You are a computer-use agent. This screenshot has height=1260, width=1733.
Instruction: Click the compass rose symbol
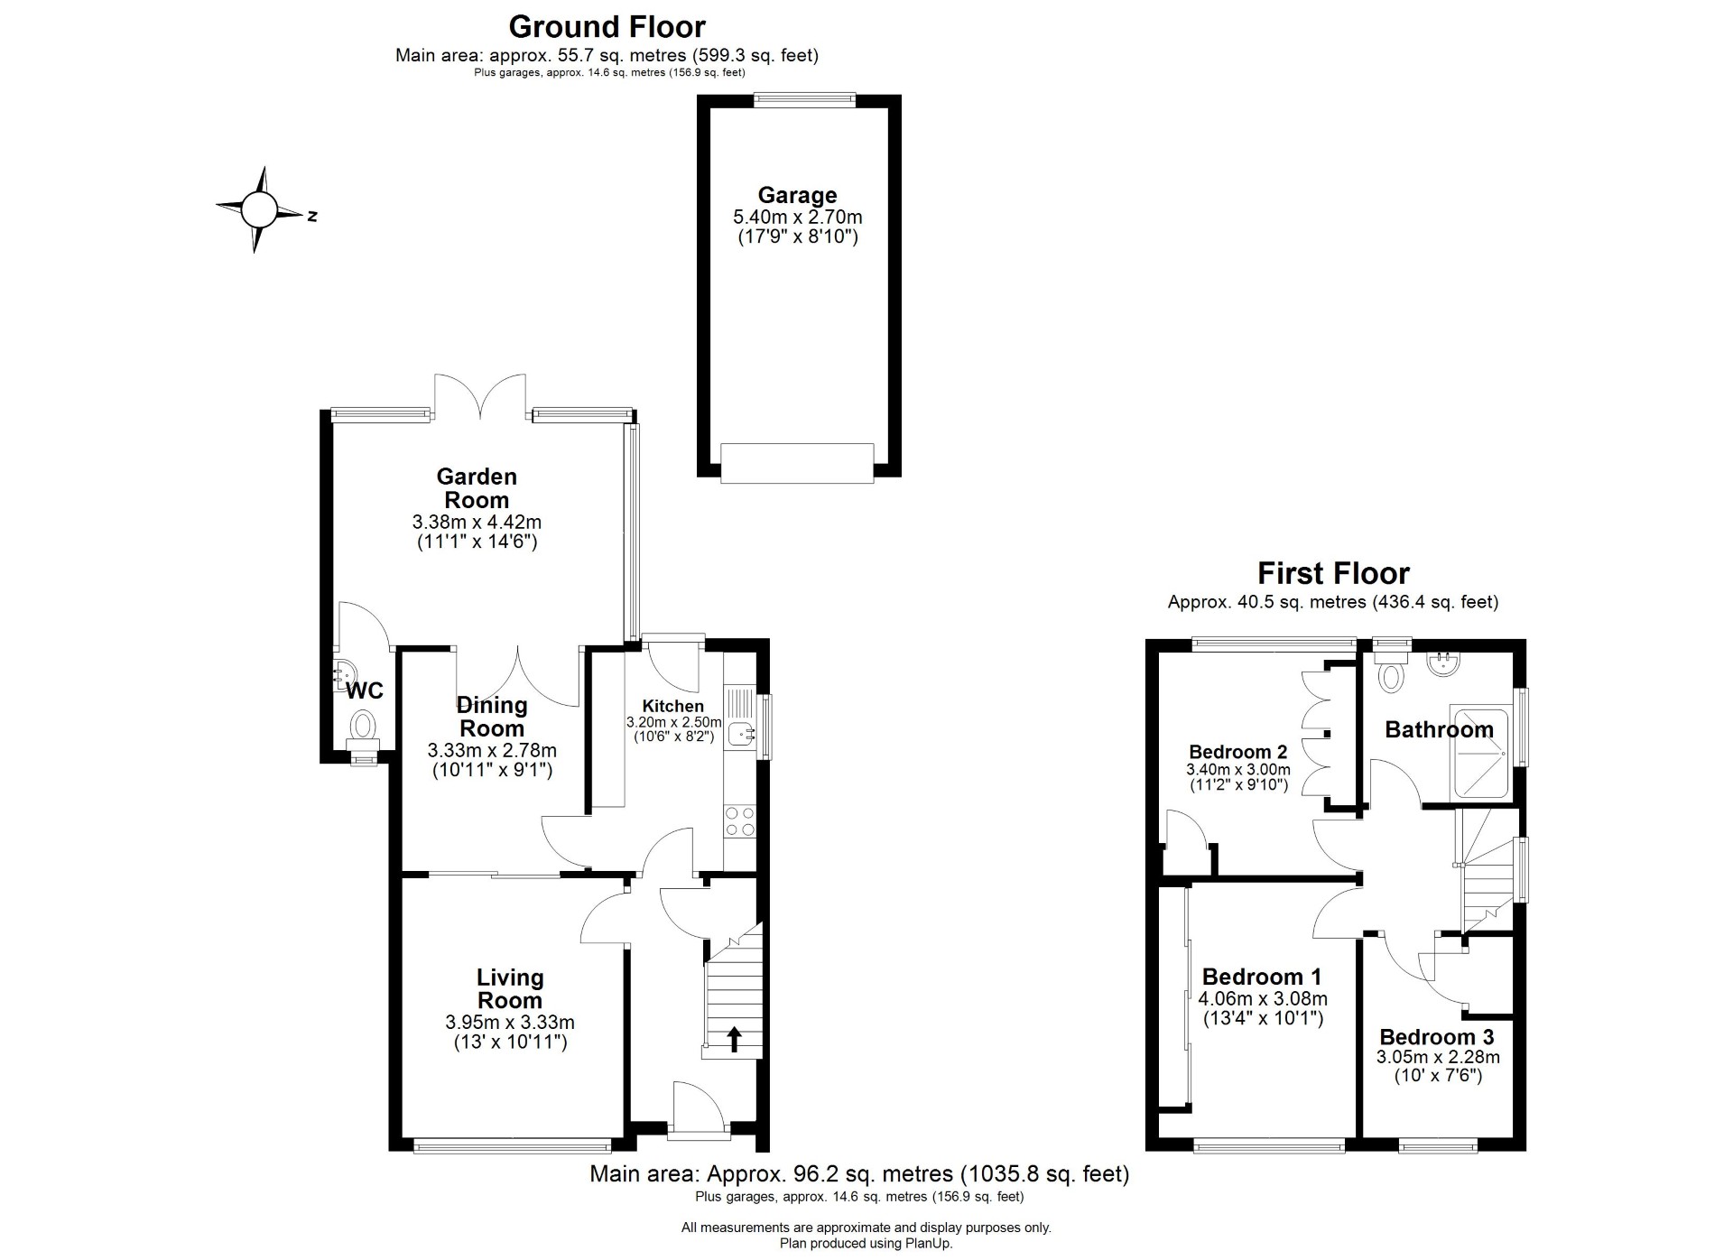[260, 210]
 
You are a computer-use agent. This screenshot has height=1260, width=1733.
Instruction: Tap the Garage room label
[797, 195]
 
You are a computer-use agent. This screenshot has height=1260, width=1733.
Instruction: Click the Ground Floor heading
[607, 26]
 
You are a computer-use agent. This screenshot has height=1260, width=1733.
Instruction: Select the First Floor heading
[1333, 573]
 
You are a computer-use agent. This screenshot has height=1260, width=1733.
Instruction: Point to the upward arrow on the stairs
[734, 1039]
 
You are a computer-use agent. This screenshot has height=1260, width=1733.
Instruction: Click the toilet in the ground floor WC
[364, 728]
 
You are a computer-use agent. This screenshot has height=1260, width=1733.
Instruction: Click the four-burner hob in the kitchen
[740, 822]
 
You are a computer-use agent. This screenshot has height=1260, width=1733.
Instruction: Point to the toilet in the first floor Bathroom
[1391, 672]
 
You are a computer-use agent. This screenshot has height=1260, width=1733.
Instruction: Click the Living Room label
[510, 988]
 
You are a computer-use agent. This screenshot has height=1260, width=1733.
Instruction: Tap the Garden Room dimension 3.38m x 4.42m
[477, 522]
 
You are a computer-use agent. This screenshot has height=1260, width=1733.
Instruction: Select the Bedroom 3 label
[1437, 1037]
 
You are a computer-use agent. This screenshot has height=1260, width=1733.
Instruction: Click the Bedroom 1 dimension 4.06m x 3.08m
[1263, 999]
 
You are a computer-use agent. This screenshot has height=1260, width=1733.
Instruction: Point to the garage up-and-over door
[797, 463]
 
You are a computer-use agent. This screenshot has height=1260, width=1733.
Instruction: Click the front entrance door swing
[698, 1107]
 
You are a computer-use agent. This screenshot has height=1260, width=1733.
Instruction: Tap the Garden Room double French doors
[479, 397]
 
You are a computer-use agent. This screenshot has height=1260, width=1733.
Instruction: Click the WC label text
[366, 690]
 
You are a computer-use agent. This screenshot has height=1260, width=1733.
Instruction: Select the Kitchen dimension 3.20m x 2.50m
[674, 722]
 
